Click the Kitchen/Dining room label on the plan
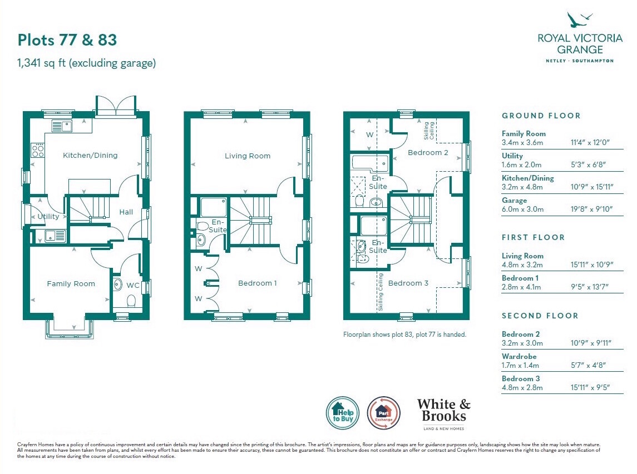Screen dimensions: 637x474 click(x=90, y=156)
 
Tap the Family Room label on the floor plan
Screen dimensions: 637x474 click(x=71, y=283)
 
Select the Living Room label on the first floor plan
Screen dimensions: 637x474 click(x=248, y=156)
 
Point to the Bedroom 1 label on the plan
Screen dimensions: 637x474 click(x=257, y=283)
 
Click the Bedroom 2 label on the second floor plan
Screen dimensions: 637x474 click(x=428, y=153)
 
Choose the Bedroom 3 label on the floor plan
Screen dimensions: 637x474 click(x=408, y=283)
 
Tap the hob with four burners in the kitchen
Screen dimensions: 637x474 click(x=38, y=150)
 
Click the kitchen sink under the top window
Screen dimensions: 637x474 click(x=62, y=126)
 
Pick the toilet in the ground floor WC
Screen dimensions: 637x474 click(x=131, y=301)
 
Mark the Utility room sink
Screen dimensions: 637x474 click(x=55, y=236)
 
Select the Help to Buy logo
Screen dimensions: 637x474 click(x=343, y=413)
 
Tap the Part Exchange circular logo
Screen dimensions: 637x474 click(x=383, y=413)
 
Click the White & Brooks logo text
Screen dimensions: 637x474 click(x=443, y=410)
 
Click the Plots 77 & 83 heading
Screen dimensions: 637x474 click(x=67, y=40)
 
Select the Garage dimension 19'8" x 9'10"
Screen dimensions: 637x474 click(x=591, y=209)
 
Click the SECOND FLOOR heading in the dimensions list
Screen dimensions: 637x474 click(x=540, y=316)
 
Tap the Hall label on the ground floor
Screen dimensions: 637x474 click(x=126, y=212)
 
